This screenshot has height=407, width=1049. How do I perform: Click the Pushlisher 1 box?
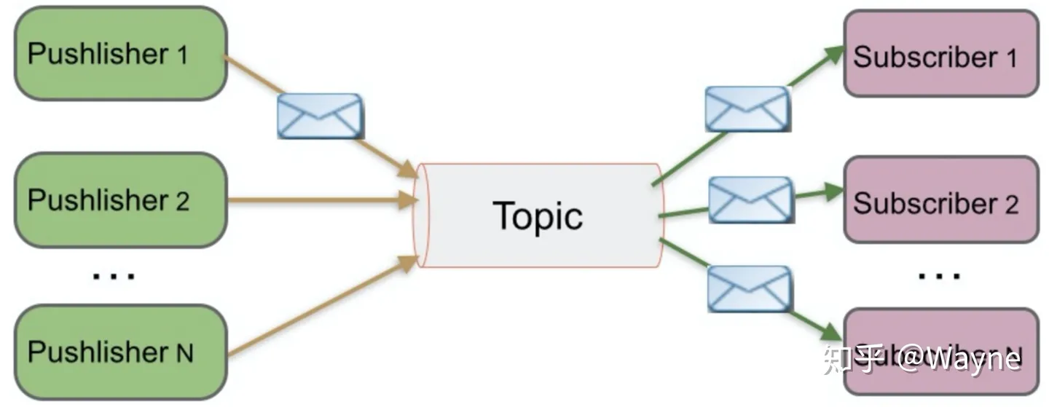click(120, 53)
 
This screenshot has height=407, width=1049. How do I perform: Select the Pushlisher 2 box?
click(120, 199)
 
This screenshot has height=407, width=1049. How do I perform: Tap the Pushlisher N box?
click(120, 352)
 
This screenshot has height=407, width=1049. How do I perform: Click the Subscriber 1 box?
click(940, 54)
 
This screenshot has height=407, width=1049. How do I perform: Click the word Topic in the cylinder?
click(538, 216)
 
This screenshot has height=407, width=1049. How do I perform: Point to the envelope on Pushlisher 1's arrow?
click(320, 116)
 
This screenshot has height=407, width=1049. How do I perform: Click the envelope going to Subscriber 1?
click(748, 109)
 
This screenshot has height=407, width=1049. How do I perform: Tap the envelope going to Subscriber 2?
click(751, 199)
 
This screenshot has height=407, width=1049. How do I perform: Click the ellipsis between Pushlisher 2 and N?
click(114, 276)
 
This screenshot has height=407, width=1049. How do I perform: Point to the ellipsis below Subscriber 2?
click(940, 276)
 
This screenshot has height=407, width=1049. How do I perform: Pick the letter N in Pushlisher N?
click(184, 354)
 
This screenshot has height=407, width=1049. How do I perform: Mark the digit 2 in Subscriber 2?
click(1011, 205)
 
